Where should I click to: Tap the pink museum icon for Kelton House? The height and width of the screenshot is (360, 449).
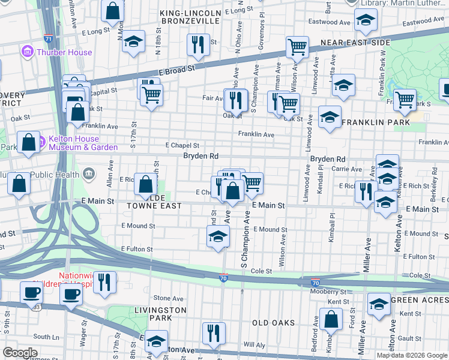(41, 143)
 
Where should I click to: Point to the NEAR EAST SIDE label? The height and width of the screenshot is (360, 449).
(355, 43)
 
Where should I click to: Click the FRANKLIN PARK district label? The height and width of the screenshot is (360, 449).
(376, 122)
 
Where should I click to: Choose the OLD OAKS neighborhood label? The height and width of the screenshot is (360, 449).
(273, 323)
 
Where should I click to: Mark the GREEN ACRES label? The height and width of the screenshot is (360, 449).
(419, 299)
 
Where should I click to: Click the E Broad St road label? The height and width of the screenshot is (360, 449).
(178, 70)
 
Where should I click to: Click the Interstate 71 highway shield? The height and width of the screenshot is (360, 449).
(47, 38)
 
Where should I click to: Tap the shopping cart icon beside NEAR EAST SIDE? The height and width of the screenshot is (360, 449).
(297, 47)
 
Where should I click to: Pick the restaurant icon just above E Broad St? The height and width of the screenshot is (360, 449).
(196, 44)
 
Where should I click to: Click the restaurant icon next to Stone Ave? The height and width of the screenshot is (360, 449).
(104, 282)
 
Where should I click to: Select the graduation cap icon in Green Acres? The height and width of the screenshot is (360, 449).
(379, 304)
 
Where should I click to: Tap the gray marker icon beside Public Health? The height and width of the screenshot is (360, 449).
(89, 175)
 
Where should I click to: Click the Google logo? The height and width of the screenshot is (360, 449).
(20, 353)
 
